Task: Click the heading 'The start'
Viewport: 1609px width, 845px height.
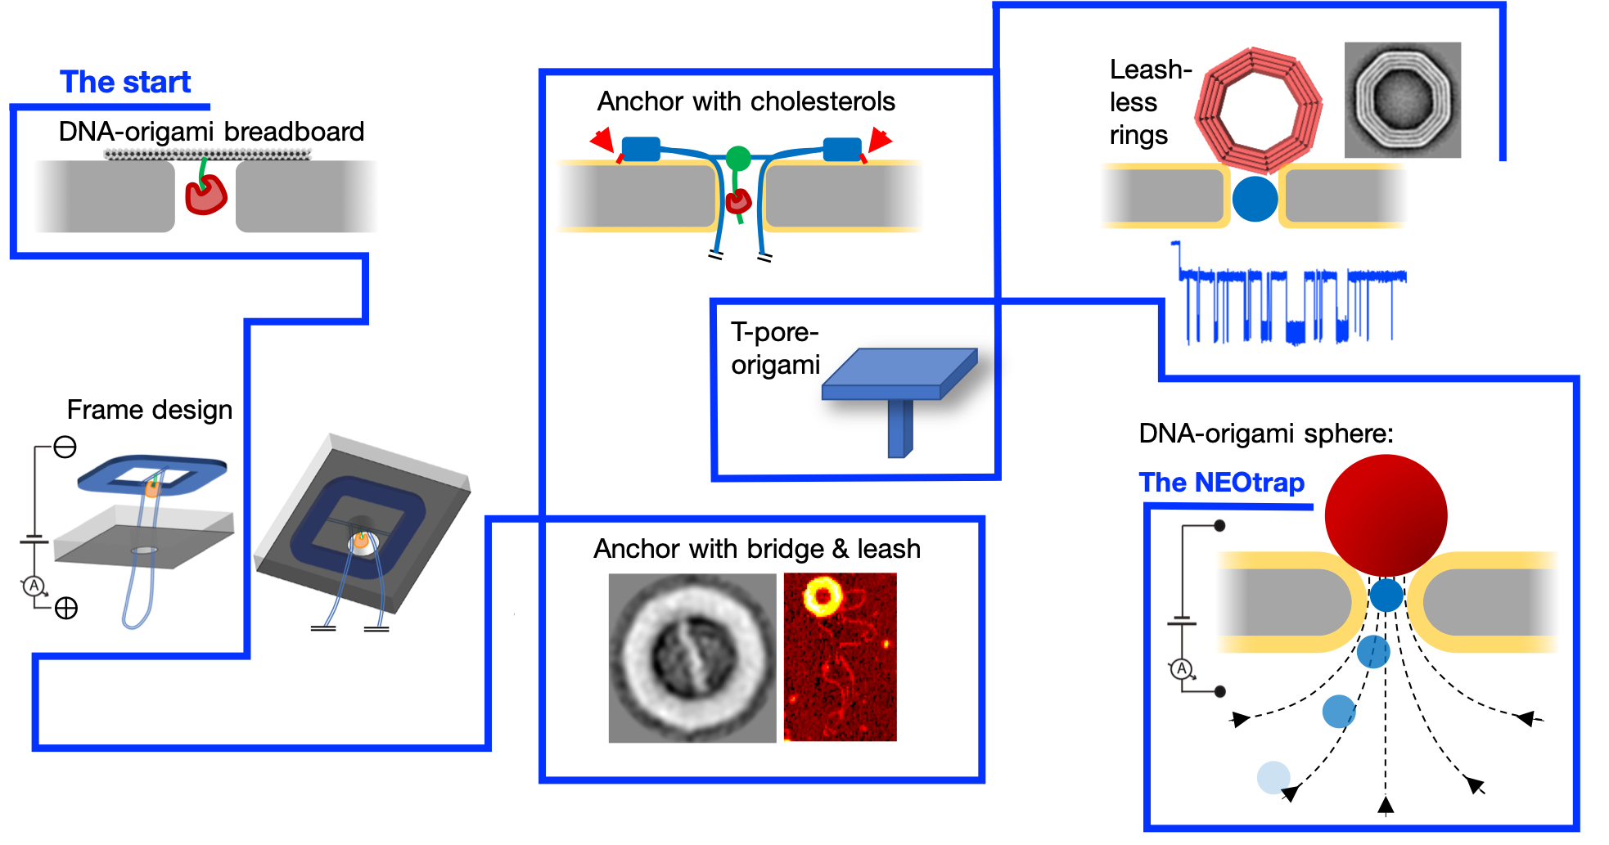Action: (x=125, y=83)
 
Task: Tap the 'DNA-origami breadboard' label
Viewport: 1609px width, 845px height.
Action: (x=211, y=132)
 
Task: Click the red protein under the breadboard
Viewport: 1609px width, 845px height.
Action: (x=205, y=196)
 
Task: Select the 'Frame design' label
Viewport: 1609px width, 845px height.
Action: (x=150, y=409)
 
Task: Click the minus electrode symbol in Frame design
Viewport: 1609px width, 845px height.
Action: (x=65, y=447)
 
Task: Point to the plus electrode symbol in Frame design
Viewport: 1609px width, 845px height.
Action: (x=66, y=608)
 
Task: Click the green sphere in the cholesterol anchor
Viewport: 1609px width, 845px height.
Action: (x=738, y=158)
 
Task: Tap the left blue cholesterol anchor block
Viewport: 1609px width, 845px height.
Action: (x=641, y=149)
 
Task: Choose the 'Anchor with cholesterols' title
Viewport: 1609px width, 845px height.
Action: (x=746, y=101)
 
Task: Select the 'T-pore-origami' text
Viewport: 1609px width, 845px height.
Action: (x=775, y=348)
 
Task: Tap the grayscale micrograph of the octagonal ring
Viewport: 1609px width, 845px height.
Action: (x=1402, y=100)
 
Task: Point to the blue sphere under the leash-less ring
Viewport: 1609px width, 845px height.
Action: (x=1255, y=199)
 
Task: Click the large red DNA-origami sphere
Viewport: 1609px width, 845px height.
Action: (x=1386, y=515)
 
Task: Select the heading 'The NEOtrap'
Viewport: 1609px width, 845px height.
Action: (x=1221, y=483)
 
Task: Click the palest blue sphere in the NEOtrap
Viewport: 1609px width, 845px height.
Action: (x=1273, y=777)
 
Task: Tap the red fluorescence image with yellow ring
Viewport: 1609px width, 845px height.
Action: (x=840, y=657)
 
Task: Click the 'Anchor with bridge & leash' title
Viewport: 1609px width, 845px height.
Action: (x=757, y=549)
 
